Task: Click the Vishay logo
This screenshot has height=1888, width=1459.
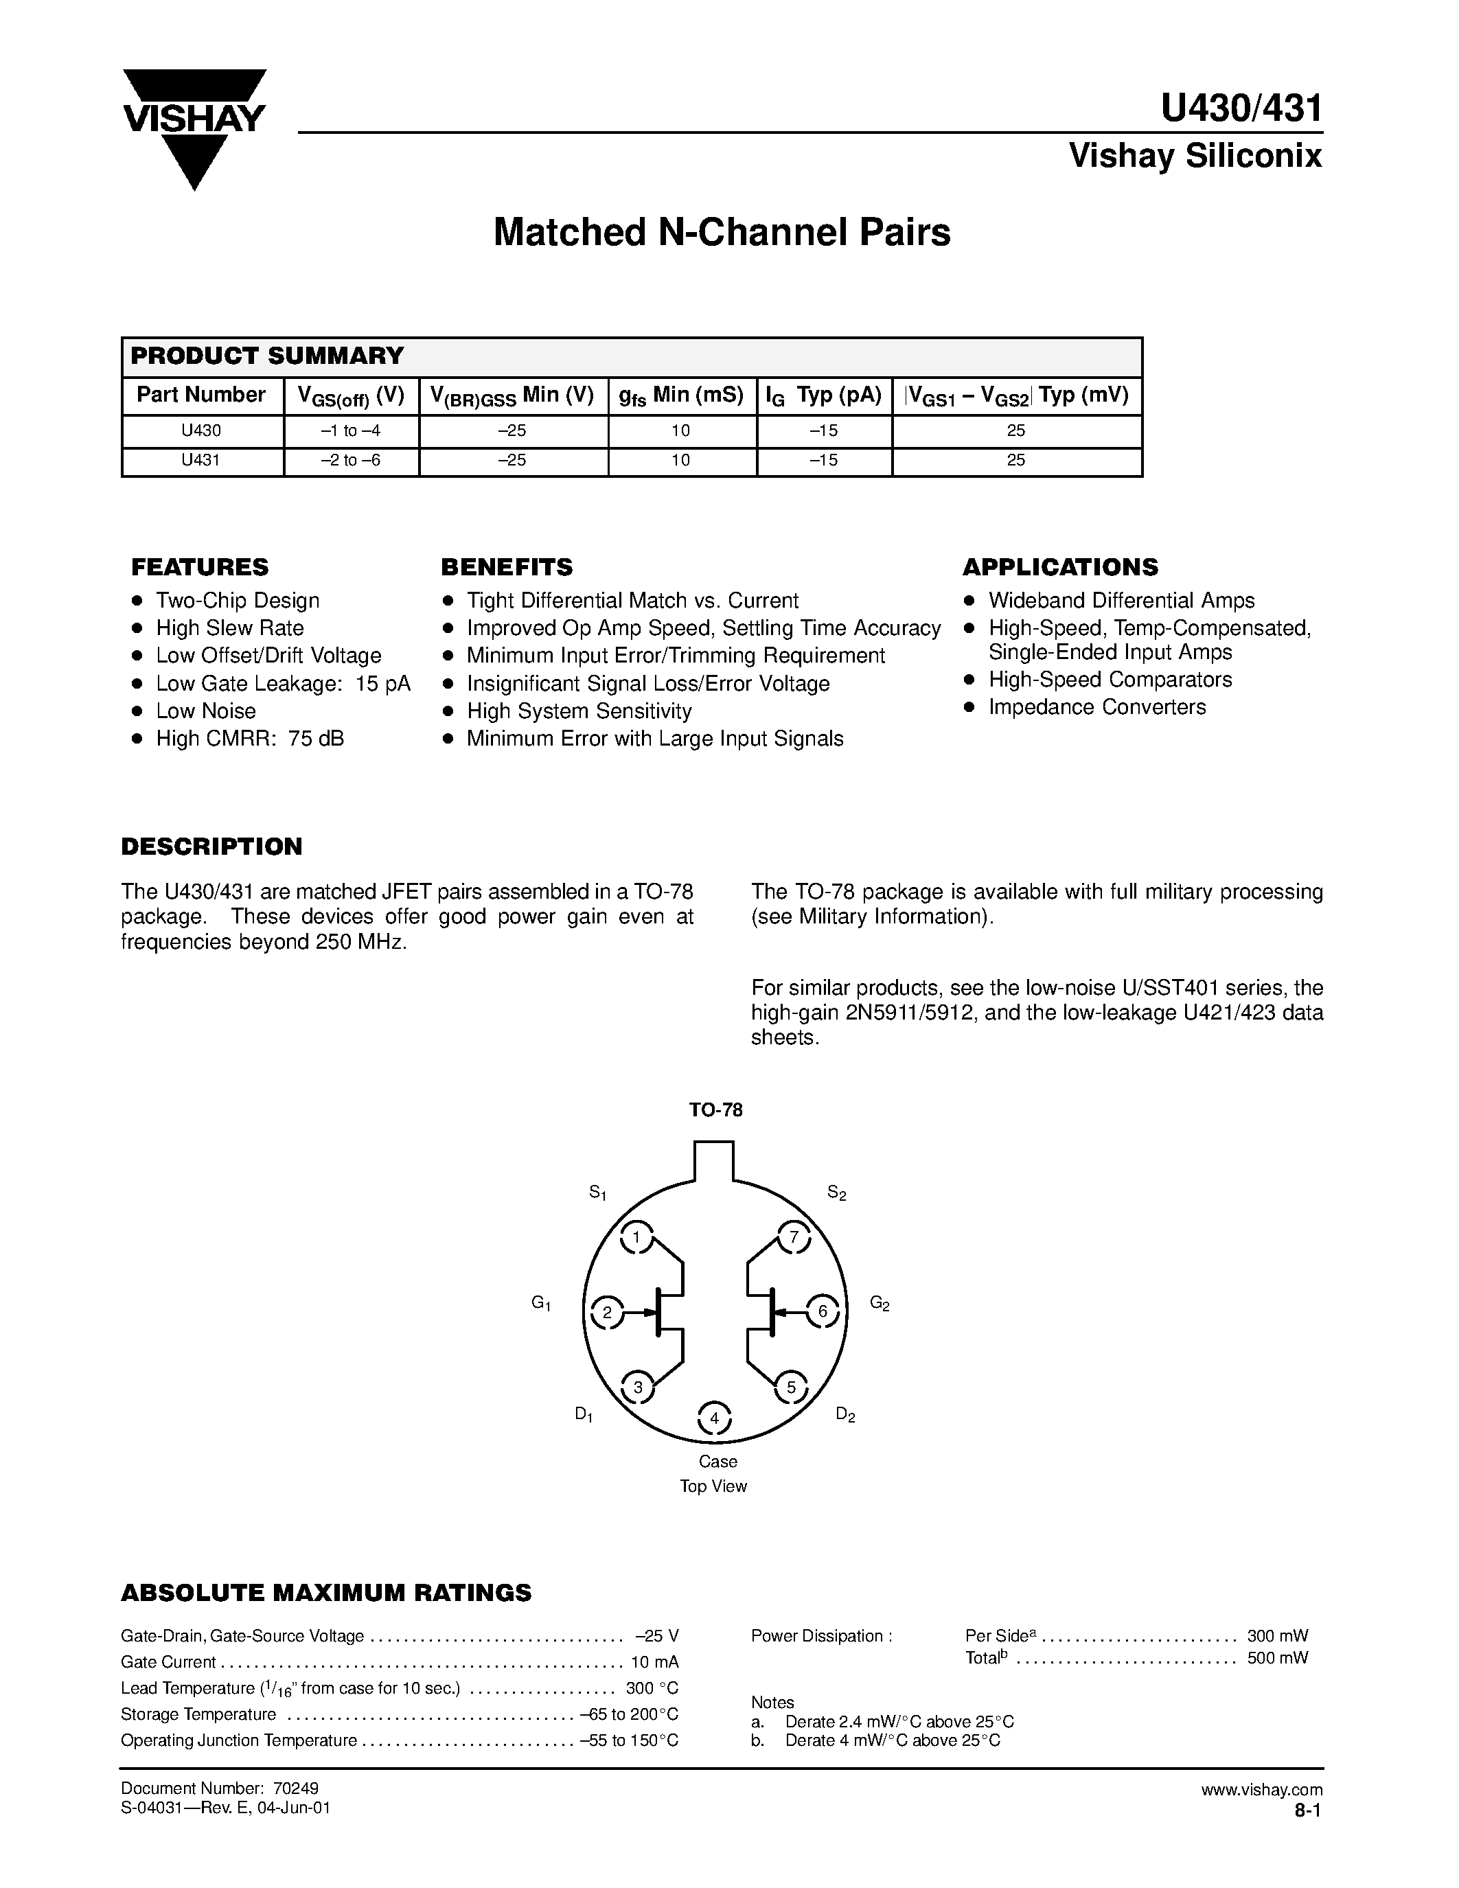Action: [x=194, y=126]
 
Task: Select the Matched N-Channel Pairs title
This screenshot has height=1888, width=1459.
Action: [x=721, y=233]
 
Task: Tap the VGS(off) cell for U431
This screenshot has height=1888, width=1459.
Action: [x=351, y=461]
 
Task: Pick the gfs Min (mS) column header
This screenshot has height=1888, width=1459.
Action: [x=681, y=396]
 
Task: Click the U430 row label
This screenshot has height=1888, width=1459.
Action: [x=200, y=430]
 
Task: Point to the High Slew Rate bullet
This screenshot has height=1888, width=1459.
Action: [x=229, y=628]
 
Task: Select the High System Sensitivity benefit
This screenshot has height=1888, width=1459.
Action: [x=578, y=711]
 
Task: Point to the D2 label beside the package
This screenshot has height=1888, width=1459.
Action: [x=845, y=1415]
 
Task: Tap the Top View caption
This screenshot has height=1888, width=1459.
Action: [x=713, y=1486]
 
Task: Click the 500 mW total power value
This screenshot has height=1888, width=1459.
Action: [x=1276, y=1657]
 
